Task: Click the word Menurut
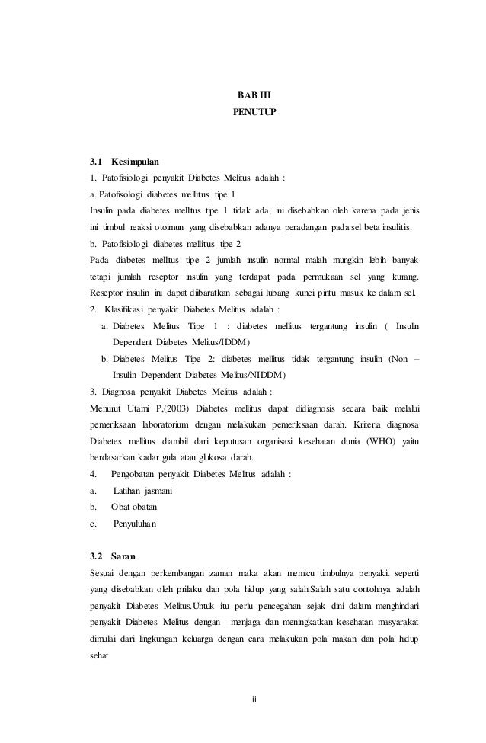tap(105, 408)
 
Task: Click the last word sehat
tap(99, 655)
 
